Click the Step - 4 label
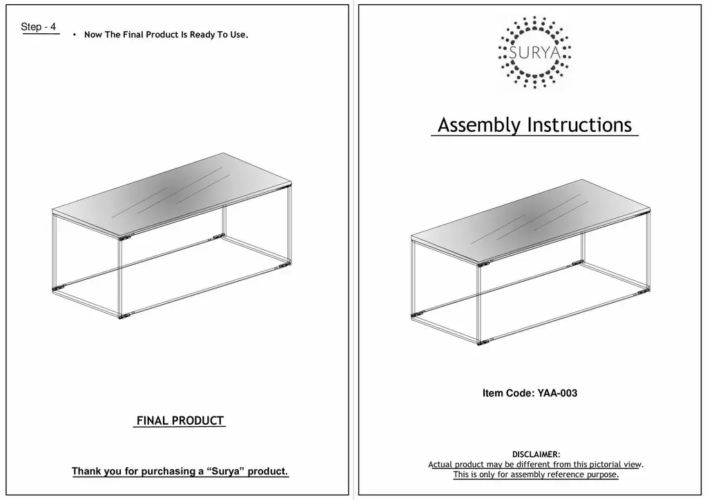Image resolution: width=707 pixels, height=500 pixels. [39, 27]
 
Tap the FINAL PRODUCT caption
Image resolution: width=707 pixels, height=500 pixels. [180, 421]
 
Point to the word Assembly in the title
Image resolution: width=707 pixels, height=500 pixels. [479, 125]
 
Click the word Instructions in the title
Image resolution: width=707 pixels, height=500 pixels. [579, 125]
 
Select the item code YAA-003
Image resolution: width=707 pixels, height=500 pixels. [556, 394]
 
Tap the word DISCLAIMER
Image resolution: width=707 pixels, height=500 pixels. [536, 454]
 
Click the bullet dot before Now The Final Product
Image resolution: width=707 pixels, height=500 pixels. [74, 35]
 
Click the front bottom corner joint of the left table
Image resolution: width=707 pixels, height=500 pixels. [124, 317]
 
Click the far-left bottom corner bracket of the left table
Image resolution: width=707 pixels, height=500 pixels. [59, 285]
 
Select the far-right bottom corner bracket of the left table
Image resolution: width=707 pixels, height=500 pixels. [283, 264]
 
